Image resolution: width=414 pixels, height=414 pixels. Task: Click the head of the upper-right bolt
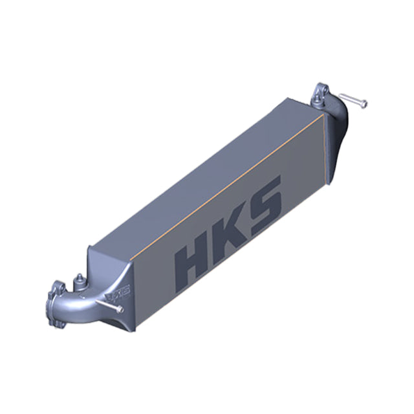(x=364, y=103)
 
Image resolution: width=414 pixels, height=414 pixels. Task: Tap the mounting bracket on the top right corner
(x=322, y=96)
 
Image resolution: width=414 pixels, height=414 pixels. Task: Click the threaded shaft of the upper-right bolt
(x=353, y=99)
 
